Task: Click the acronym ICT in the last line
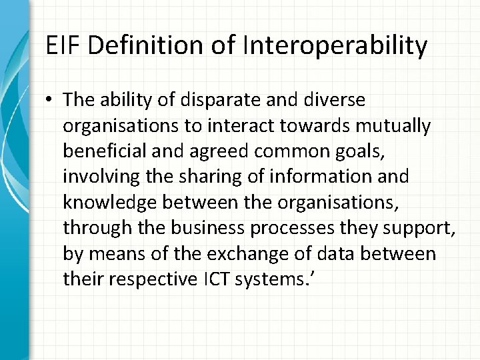coord(214,279)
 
